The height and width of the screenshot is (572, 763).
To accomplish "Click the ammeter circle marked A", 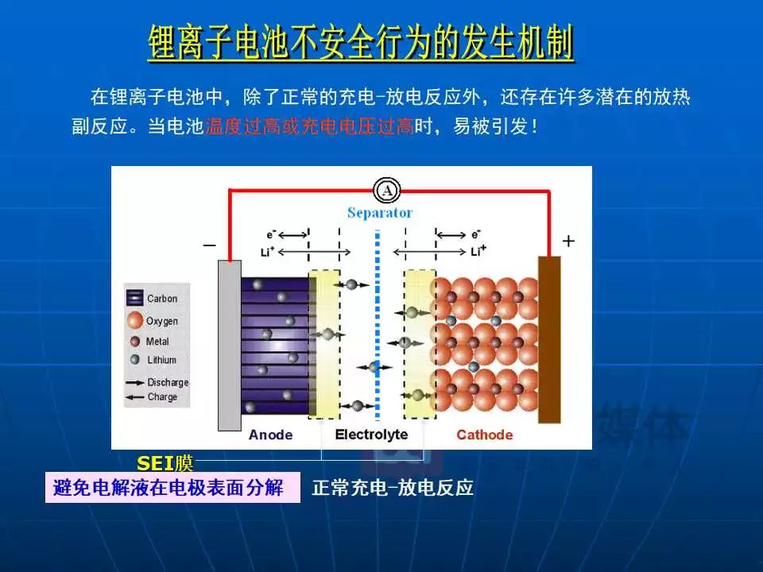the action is [387, 190].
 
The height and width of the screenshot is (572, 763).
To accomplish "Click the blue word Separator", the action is [380, 213].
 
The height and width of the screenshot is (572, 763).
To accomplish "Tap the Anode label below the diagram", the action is [270, 435].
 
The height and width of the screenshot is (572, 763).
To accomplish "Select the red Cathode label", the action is [485, 435].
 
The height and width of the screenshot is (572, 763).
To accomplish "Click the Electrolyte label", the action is [371, 435].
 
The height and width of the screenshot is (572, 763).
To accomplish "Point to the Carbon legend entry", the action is [153, 298].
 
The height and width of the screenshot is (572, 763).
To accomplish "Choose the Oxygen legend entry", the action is [153, 320].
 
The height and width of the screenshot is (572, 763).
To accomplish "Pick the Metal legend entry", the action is [149, 342].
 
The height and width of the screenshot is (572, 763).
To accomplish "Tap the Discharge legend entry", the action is [157, 382].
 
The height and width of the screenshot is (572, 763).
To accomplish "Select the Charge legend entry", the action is [151, 397].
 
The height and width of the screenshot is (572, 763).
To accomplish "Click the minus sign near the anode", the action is [209, 245].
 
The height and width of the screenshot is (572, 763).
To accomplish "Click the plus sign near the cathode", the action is [568, 241].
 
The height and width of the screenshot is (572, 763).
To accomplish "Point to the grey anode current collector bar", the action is [229, 346].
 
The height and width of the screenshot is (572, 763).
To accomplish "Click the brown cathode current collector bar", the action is [549, 339].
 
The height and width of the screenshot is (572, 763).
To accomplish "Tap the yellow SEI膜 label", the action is [165, 463].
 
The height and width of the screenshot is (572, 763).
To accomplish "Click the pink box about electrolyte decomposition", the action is [172, 487].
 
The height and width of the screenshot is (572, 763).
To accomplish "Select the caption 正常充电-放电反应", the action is [393, 487].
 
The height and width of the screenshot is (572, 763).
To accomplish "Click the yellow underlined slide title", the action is [361, 43].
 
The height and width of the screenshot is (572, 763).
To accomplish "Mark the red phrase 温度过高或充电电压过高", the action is [309, 126].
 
